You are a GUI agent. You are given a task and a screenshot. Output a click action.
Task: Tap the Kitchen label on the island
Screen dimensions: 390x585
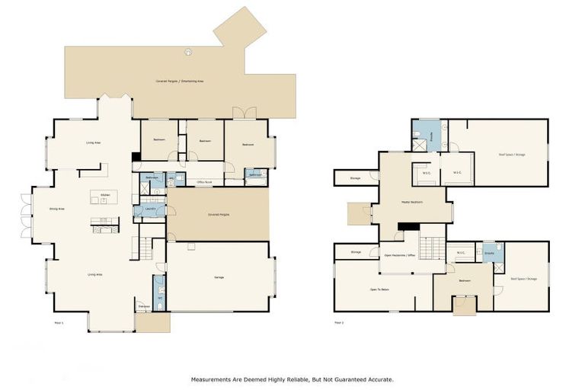pyautogui.click(x=104, y=194)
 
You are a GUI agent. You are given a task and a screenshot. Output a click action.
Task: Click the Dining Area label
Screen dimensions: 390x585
pyautogui.click(x=56, y=208)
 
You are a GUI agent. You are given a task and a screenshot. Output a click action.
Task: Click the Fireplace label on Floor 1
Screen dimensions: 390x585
pyautogui.click(x=143, y=306)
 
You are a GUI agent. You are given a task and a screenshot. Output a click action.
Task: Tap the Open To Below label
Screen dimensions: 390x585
pyautogui.click(x=379, y=289)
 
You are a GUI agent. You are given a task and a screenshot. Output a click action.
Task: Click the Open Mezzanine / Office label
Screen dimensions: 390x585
pyautogui.click(x=399, y=255)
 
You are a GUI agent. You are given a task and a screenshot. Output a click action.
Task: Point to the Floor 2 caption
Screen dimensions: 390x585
pyautogui.click(x=339, y=322)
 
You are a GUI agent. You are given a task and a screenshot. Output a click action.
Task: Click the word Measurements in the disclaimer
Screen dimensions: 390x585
pyautogui.click(x=213, y=379)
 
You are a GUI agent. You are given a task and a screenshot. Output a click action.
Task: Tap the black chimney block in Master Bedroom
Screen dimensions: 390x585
pyautogui.click(x=408, y=225)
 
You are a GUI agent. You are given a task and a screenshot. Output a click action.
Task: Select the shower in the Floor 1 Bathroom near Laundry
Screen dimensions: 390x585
pyautogui.click(x=158, y=181)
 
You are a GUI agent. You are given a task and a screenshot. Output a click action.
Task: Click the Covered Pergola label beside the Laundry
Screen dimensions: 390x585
pyautogui.click(x=219, y=215)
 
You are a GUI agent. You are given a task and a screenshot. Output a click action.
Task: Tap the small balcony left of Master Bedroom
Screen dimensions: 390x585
pyautogui.click(x=359, y=213)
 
